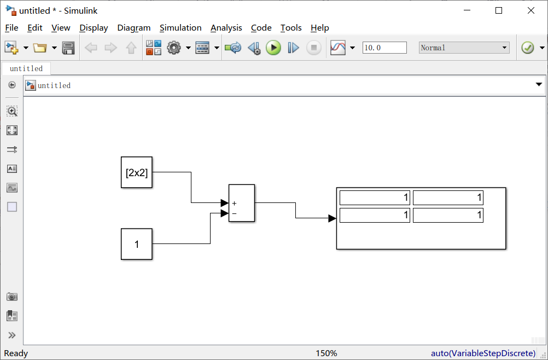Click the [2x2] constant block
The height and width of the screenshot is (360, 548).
137,173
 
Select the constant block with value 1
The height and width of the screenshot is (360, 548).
137,244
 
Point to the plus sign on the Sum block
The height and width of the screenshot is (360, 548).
234,204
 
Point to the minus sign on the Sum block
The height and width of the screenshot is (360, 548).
234,213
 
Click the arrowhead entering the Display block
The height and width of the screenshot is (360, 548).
332,218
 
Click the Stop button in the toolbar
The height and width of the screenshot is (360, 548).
313,48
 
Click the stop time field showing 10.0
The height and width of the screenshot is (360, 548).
384,48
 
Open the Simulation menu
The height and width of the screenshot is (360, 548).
180,28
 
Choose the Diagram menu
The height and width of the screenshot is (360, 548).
133,28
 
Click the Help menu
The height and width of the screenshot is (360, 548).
319,28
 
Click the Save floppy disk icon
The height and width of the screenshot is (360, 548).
68,48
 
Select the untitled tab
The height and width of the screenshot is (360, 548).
26,68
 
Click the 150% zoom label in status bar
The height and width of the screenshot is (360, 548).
327,353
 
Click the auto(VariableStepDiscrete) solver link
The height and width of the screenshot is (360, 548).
483,353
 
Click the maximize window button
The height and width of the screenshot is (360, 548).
499,10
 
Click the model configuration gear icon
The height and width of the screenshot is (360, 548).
174,48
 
